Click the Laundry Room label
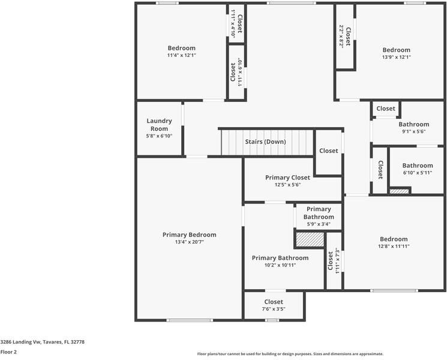pos(159,125)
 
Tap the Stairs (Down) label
pos(265,142)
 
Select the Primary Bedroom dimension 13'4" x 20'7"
pos(189,242)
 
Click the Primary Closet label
pos(287,177)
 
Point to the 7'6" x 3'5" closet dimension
pos(274,309)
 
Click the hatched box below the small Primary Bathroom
pos(310,239)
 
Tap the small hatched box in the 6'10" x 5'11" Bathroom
pos(399,191)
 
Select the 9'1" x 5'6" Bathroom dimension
pos(414,131)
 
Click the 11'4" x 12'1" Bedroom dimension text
pos(182,55)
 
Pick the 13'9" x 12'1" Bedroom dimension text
pos(396,57)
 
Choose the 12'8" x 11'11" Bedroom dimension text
pos(394,246)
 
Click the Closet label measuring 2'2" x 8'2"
pos(348,37)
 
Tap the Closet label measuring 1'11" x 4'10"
pos(240,23)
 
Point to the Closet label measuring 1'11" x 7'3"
pos(331,261)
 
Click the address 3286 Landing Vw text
pos(21,342)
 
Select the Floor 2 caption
pos(8,352)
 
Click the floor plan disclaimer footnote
pos(290,354)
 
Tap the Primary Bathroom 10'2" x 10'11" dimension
pos(280,265)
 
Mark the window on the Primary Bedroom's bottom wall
pos(190,320)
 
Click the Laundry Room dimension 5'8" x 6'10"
pos(159,136)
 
